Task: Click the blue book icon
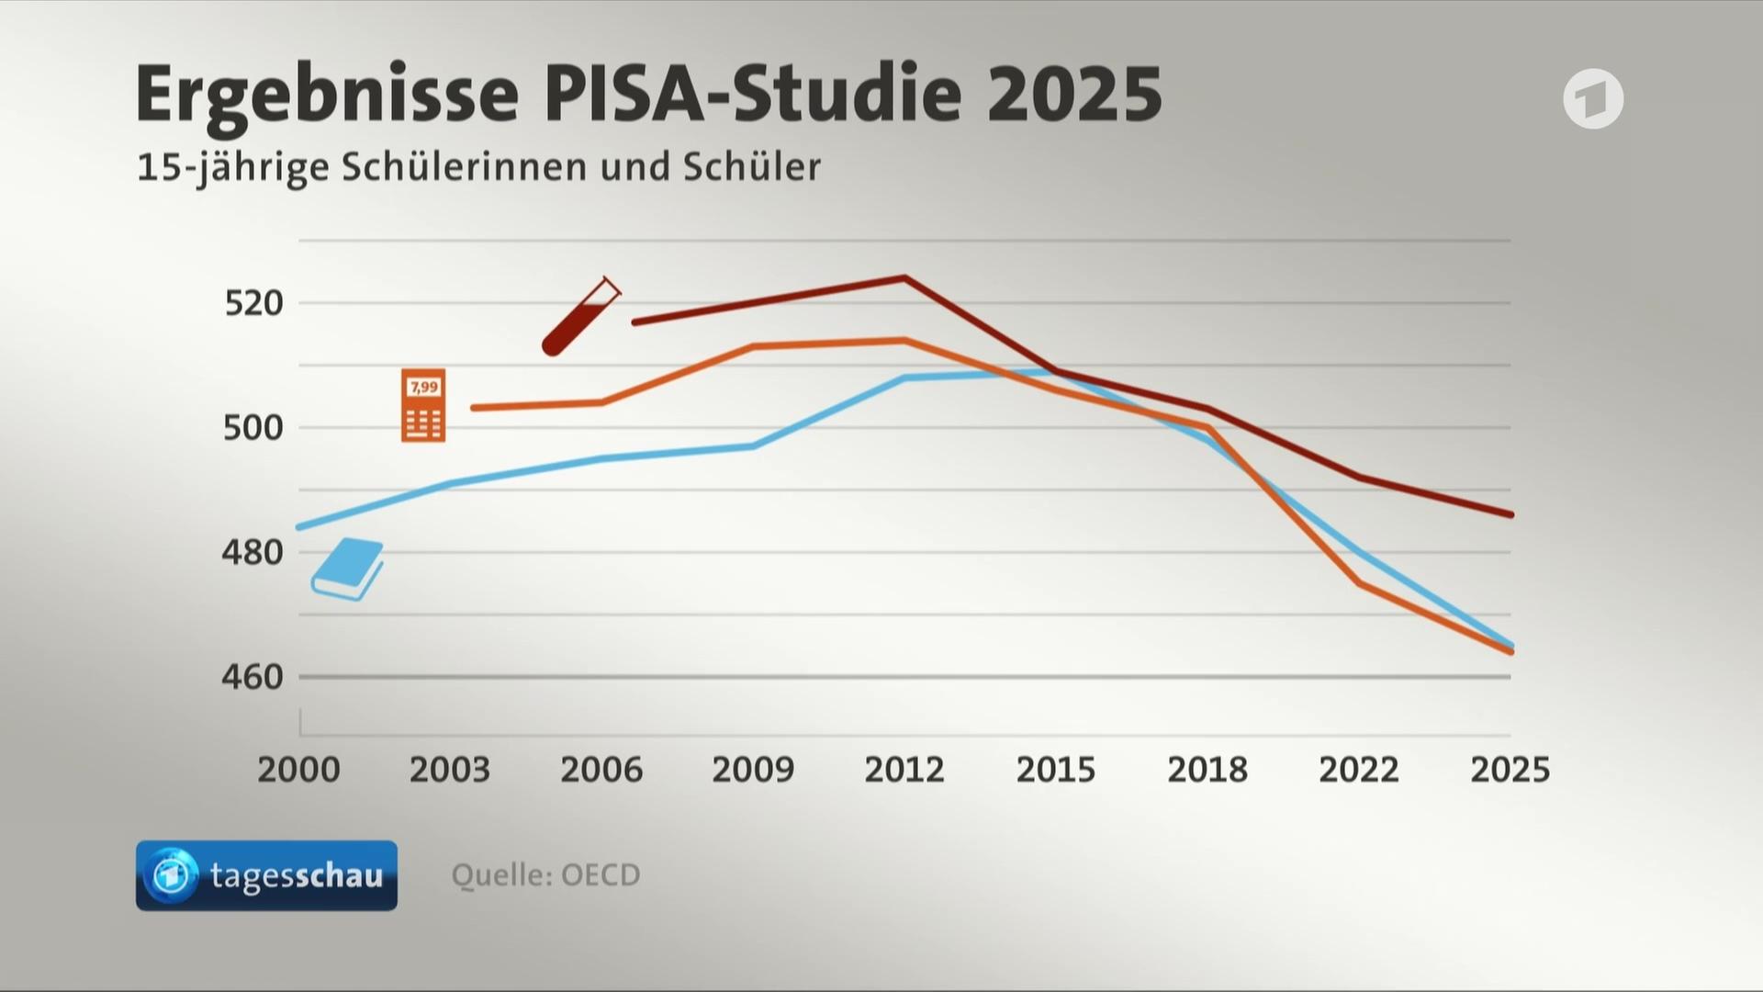[x=347, y=569]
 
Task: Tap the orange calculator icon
[x=423, y=405]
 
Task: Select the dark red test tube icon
[x=581, y=316]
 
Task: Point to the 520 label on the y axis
[x=254, y=303]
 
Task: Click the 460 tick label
[x=253, y=677]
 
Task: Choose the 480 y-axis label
[x=253, y=552]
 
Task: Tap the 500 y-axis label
[x=253, y=428]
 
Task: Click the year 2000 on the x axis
[x=298, y=770]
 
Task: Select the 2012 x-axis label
[x=904, y=770]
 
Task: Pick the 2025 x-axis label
[x=1510, y=770]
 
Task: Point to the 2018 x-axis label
[x=1207, y=770]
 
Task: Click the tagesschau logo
[x=266, y=875]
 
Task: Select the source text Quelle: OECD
[x=545, y=874]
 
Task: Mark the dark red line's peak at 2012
[x=904, y=277]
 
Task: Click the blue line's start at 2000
[x=298, y=527]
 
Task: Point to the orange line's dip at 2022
[x=1359, y=583]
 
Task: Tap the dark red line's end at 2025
[x=1510, y=514]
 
